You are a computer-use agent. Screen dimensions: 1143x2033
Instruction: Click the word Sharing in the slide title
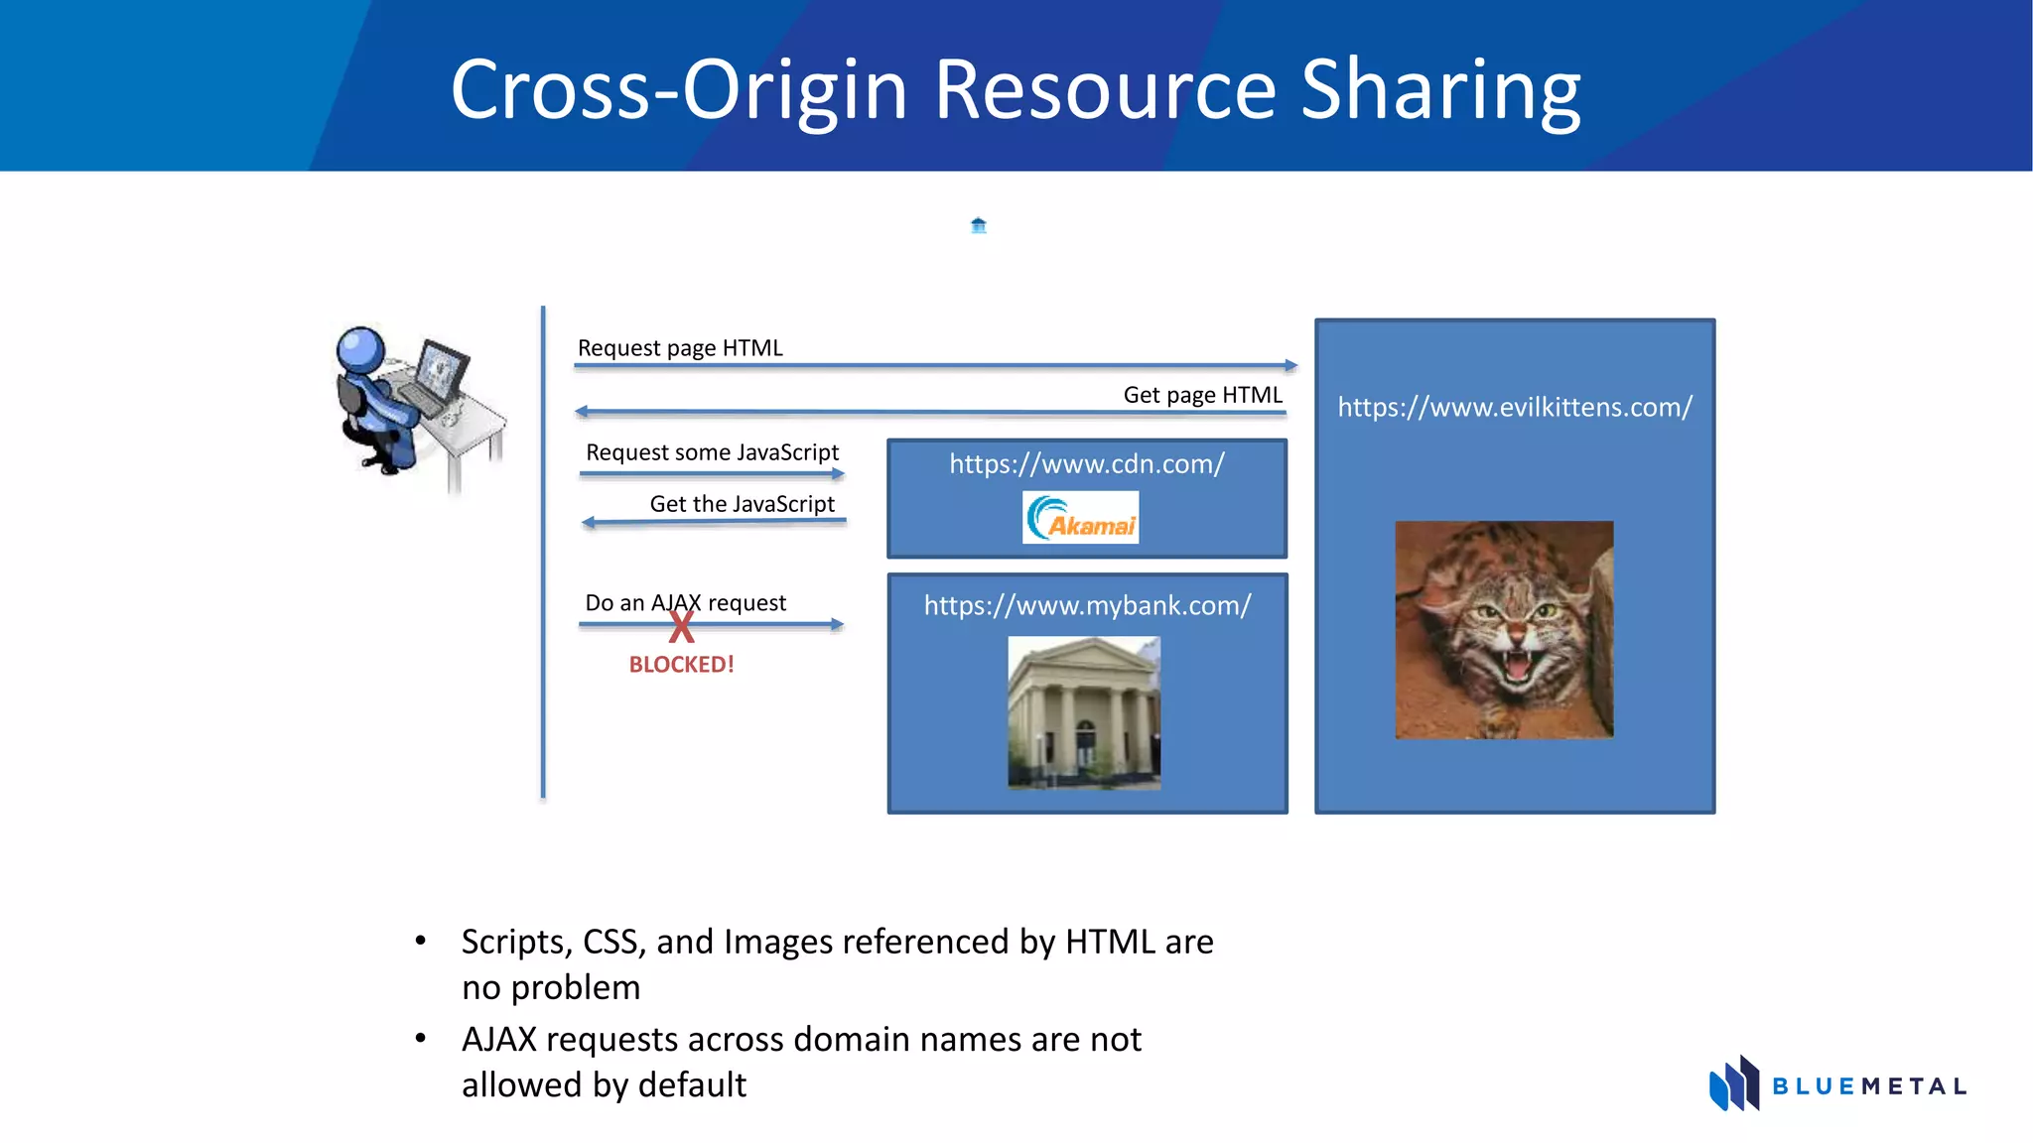click(x=1440, y=91)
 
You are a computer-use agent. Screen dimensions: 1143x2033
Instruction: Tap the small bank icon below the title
click(x=978, y=225)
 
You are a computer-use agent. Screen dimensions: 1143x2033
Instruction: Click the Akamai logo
click(x=1080, y=517)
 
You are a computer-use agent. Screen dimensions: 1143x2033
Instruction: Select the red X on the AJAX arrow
click(x=681, y=627)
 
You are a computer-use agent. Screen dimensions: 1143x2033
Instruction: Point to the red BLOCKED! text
click(x=681, y=665)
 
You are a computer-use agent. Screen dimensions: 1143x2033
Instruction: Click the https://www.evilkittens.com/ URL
click(x=1515, y=407)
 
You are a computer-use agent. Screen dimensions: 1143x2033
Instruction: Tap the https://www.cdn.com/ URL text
click(x=1087, y=464)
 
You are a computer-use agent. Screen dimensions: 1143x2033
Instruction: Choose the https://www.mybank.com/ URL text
click(x=1087, y=605)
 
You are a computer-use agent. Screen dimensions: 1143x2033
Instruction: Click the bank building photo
click(x=1084, y=712)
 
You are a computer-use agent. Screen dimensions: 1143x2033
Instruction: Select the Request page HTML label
click(x=680, y=348)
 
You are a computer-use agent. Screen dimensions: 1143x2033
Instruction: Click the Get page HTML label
click(x=1202, y=395)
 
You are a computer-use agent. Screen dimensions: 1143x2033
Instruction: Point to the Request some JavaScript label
click(x=712, y=452)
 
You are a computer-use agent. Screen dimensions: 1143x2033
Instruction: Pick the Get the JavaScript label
click(x=742, y=504)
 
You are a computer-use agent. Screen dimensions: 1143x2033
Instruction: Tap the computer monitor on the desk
click(x=441, y=368)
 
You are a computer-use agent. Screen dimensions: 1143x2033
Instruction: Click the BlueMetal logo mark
click(x=1733, y=1083)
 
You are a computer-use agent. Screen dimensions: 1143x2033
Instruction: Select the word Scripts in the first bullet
click(x=516, y=942)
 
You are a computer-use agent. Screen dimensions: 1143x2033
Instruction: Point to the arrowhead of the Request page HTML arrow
click(x=1290, y=366)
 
